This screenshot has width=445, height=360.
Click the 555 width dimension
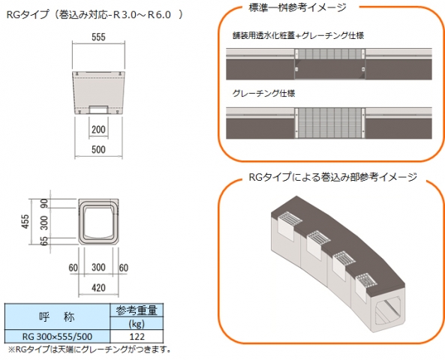[98, 37]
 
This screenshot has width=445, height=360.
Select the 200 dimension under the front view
[98, 129]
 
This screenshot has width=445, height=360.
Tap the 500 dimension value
[98, 149]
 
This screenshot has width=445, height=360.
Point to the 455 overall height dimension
[25, 221]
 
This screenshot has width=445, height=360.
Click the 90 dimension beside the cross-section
[44, 203]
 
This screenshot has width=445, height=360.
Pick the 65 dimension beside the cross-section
[44, 241]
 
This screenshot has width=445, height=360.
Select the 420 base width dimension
[98, 288]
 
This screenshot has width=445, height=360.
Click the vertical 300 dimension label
[44, 223]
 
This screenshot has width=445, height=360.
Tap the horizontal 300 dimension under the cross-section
[98, 267]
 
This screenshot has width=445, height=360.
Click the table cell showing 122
[137, 337]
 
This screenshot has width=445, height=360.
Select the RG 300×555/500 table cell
[57, 337]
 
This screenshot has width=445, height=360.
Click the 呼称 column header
[57, 316]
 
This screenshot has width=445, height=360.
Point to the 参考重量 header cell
[137, 310]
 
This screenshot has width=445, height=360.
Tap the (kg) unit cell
[137, 324]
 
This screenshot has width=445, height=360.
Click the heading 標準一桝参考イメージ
[297, 7]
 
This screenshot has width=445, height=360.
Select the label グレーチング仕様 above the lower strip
[263, 93]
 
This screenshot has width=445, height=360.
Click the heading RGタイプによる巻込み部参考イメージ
[332, 177]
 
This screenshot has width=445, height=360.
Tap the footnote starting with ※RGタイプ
[89, 349]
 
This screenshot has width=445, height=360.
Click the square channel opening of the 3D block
[388, 311]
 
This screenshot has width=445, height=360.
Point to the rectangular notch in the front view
[98, 109]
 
